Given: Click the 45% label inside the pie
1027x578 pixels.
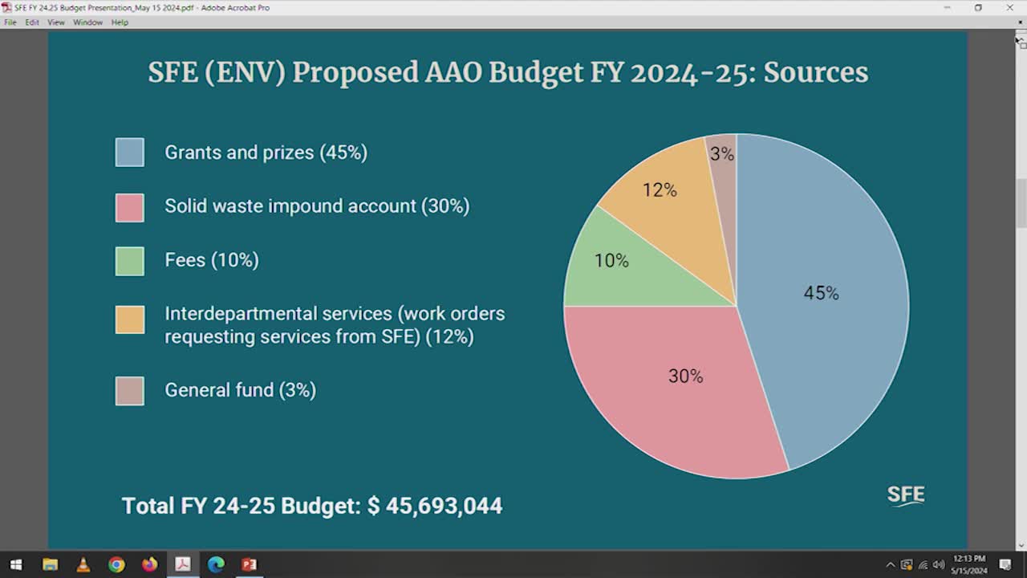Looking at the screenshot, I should click(x=821, y=294).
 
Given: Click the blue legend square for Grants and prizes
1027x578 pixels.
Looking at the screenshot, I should click(x=130, y=153).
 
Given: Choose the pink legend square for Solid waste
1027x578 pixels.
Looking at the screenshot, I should click(x=130, y=207).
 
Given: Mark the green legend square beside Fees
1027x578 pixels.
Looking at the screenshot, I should click(x=130, y=261).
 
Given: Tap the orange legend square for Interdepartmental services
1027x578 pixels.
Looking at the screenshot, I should click(x=130, y=320).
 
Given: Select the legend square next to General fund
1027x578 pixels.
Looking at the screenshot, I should click(x=130, y=391).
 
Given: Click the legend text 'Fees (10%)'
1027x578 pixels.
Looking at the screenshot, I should click(x=212, y=260).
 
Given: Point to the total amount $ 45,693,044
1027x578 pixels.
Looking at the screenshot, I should click(x=435, y=506).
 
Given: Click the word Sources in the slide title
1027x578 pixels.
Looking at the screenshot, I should click(x=815, y=72).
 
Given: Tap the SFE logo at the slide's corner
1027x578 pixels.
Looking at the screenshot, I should click(x=906, y=495).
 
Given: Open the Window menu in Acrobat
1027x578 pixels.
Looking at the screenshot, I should click(x=87, y=22).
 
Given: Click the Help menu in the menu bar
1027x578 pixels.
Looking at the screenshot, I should click(x=120, y=22).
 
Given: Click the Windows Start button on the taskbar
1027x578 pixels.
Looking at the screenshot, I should click(x=16, y=564).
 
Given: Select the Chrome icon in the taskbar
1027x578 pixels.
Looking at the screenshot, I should click(x=116, y=564).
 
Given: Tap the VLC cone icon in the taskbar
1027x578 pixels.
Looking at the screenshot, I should click(x=83, y=564).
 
